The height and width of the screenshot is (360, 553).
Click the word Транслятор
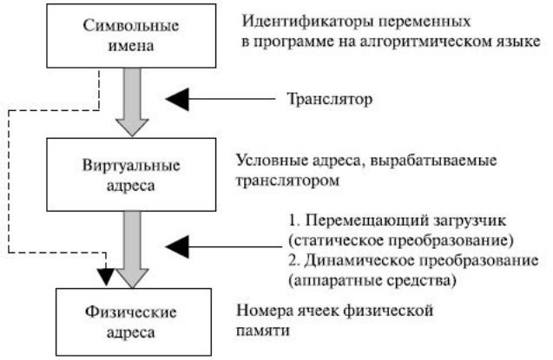[x=329, y=99]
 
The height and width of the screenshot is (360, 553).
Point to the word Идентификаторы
[x=307, y=22]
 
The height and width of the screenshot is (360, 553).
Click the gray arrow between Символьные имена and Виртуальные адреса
[x=132, y=102]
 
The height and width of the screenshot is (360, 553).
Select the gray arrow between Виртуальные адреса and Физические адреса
[x=132, y=249]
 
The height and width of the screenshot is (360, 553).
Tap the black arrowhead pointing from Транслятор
[x=177, y=100]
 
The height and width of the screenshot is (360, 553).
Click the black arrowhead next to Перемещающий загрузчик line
[x=177, y=246]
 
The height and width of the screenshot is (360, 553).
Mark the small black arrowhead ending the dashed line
[x=105, y=277]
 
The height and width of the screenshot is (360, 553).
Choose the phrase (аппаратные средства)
[x=372, y=281]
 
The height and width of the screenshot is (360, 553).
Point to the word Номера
[x=265, y=311]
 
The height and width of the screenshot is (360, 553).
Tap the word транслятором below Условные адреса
[x=287, y=180]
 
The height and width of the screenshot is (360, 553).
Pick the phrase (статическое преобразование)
[x=401, y=240]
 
